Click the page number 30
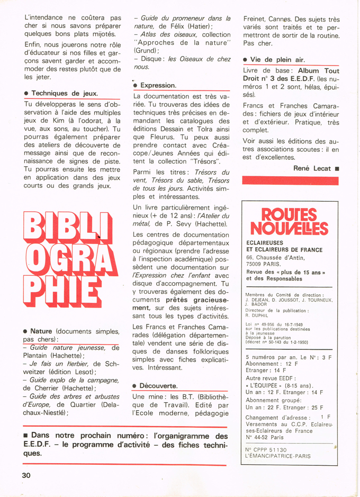coord(26,475)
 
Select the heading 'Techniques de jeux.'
coord(64,93)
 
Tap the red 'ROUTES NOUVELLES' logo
coord(287,221)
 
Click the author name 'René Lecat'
coord(312,168)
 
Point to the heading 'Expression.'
coord(158,85)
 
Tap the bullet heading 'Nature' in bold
coord(41,331)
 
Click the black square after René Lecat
coord(337,168)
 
